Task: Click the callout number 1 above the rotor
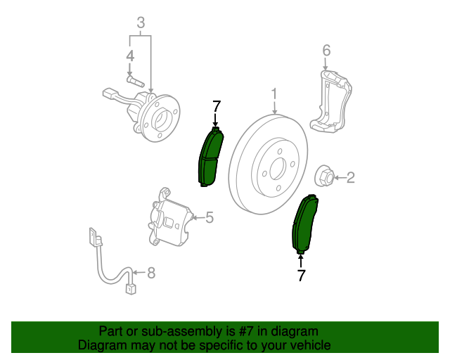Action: coord(274,94)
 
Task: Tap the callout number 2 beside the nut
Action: coord(349,178)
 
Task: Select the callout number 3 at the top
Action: coord(141,24)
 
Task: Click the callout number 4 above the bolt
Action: coord(130,56)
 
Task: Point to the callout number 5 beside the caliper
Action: coord(209,217)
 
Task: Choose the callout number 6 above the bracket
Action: coord(326,50)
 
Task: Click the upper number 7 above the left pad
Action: coord(217,107)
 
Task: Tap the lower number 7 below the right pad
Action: coord(301,275)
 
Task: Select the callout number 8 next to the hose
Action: coord(150,272)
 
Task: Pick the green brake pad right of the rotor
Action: coord(305,224)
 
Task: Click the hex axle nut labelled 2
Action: coord(325,176)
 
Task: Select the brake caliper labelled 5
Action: coord(171,219)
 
